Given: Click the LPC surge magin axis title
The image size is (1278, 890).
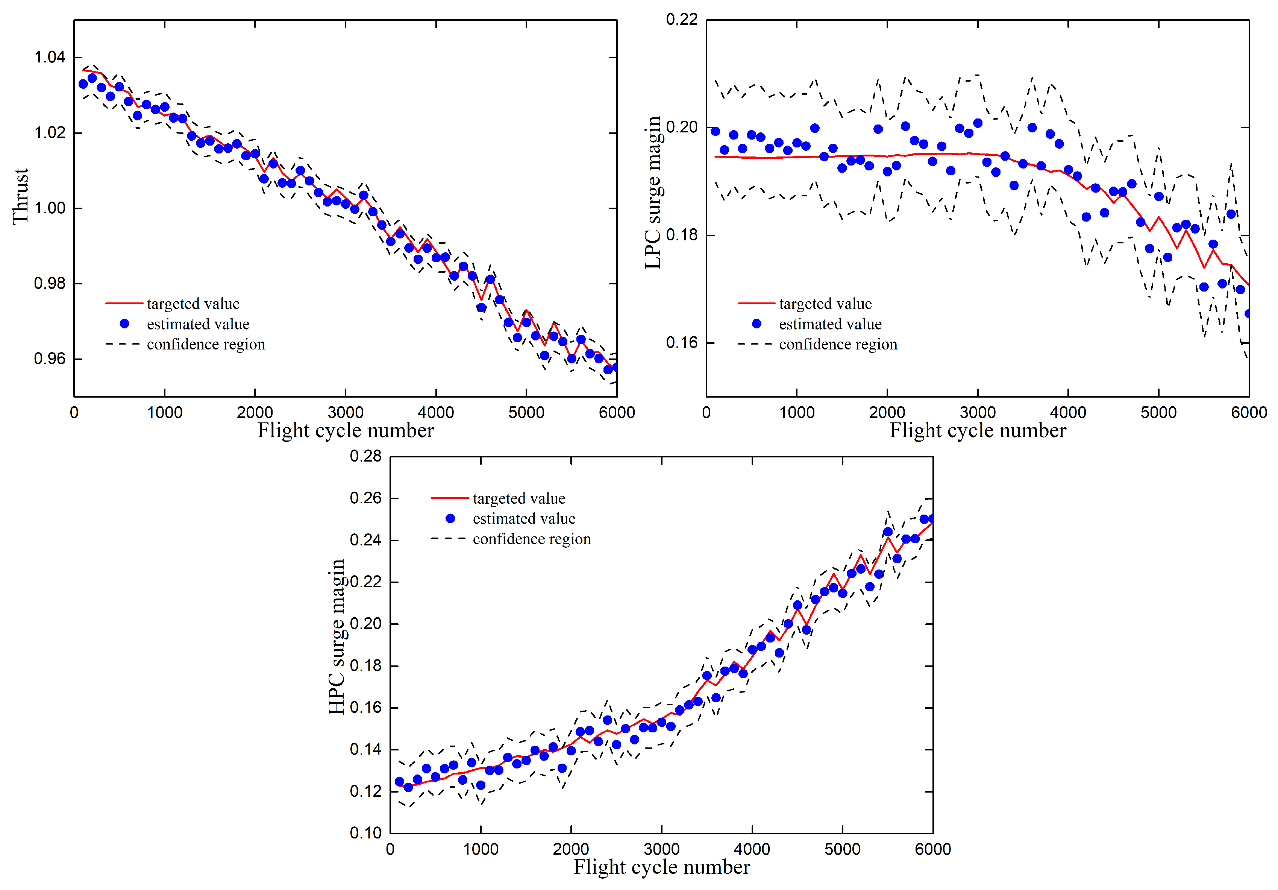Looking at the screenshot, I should pos(653,193).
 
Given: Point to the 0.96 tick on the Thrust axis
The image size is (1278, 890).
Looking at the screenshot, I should pos(50,359).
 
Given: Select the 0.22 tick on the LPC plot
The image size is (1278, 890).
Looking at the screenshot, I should pos(681,20).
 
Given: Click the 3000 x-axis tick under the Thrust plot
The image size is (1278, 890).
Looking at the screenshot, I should pos(345,413).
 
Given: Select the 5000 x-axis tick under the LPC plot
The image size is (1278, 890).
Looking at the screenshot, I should pos(1158,413).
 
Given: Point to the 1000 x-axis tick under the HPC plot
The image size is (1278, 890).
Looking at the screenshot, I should pos(481,849).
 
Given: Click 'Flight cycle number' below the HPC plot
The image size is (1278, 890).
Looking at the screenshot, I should pos(661,867).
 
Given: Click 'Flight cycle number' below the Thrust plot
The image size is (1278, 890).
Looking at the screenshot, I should pos(345,431).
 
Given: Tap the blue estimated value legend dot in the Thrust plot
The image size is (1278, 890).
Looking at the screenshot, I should pos(125,323).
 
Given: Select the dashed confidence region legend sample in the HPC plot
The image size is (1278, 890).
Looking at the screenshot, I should pos(449,539).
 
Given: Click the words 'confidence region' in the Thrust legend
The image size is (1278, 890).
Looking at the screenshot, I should pos(206,344).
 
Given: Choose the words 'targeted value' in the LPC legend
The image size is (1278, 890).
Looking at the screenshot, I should pos(825,304).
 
